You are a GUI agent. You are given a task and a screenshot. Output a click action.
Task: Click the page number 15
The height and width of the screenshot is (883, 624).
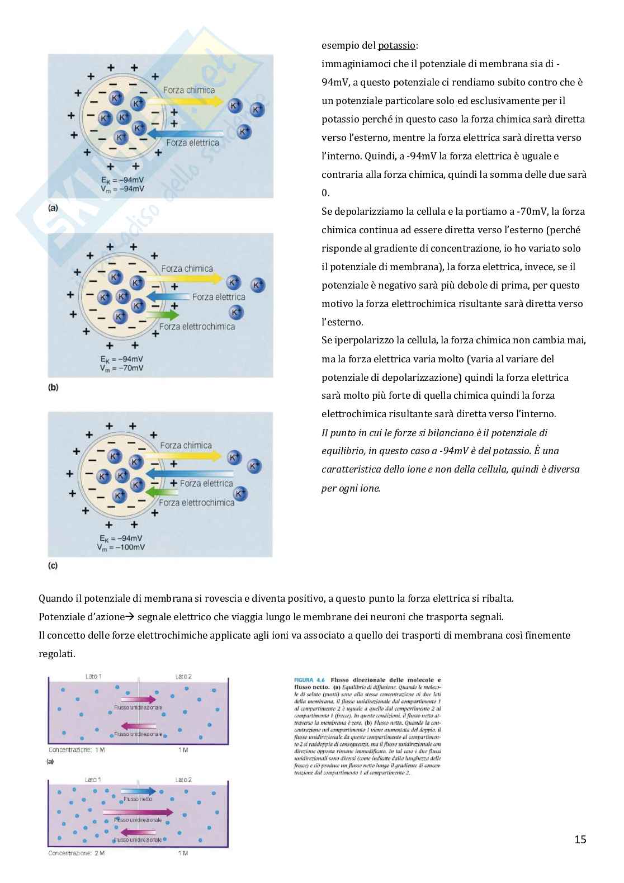tap(580, 839)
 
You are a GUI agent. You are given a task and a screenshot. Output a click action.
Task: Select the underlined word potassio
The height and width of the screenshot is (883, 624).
tap(396, 45)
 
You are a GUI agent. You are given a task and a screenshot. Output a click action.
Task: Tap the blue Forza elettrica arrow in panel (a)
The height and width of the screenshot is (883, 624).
tap(185, 133)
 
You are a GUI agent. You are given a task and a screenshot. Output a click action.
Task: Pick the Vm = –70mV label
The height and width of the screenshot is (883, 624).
tap(122, 368)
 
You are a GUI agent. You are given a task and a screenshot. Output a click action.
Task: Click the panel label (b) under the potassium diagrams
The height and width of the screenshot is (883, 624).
tap(53, 387)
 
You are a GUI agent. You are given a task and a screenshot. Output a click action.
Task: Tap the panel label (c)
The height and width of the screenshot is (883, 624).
tap(53, 565)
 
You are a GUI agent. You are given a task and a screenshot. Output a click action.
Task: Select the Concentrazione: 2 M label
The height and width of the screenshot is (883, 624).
tap(77, 853)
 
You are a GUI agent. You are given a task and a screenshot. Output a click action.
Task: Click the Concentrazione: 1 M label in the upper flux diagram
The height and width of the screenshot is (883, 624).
tap(77, 749)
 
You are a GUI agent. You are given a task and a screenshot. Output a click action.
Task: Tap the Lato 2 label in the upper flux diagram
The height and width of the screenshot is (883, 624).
tap(183, 676)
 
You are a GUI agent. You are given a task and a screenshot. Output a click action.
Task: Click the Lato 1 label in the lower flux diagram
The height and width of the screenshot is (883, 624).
tap(93, 780)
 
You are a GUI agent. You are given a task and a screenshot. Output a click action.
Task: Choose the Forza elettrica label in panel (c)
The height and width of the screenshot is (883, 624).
tap(206, 483)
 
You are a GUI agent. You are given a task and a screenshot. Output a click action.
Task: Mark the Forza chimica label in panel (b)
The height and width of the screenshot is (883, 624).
tap(187, 268)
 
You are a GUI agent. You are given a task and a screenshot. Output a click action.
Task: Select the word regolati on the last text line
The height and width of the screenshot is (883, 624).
tap(56, 654)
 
